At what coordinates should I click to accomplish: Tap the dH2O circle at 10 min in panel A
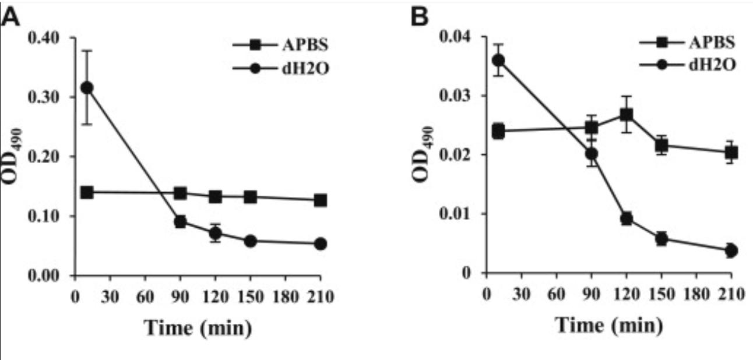click(87, 88)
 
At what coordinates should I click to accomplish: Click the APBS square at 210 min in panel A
click(320, 200)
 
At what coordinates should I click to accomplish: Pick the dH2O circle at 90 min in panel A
click(180, 221)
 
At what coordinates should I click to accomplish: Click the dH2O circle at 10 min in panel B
click(498, 60)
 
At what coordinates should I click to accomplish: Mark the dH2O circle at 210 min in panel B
click(731, 250)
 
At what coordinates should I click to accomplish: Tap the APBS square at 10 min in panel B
click(498, 130)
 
